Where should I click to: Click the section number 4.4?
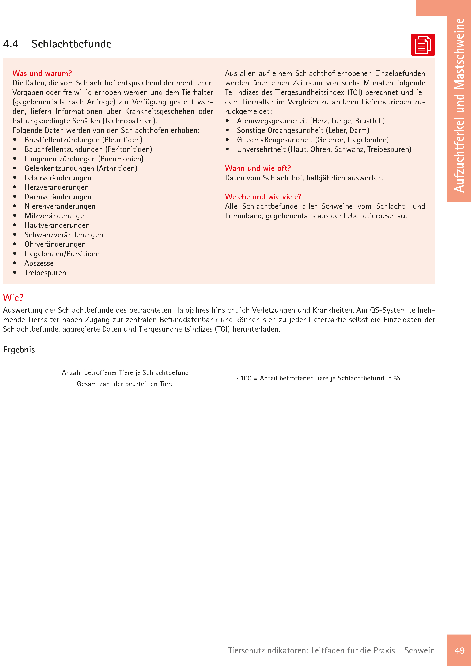tap(11, 44)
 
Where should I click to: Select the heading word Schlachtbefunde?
tap(71, 44)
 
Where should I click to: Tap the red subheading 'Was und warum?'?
tap(42, 73)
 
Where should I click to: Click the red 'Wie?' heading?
tap(13, 298)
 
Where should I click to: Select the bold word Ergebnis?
tap(19, 350)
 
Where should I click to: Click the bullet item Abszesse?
tap(39, 263)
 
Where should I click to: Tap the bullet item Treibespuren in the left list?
tap(45, 273)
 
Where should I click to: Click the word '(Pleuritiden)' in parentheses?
tap(122, 140)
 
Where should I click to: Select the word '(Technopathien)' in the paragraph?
tap(130, 121)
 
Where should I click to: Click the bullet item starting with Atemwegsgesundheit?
tap(311, 121)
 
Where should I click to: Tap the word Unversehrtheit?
tap(261, 149)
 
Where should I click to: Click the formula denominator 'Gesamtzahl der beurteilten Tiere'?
tap(125, 384)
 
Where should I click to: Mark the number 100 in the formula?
tap(246, 378)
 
